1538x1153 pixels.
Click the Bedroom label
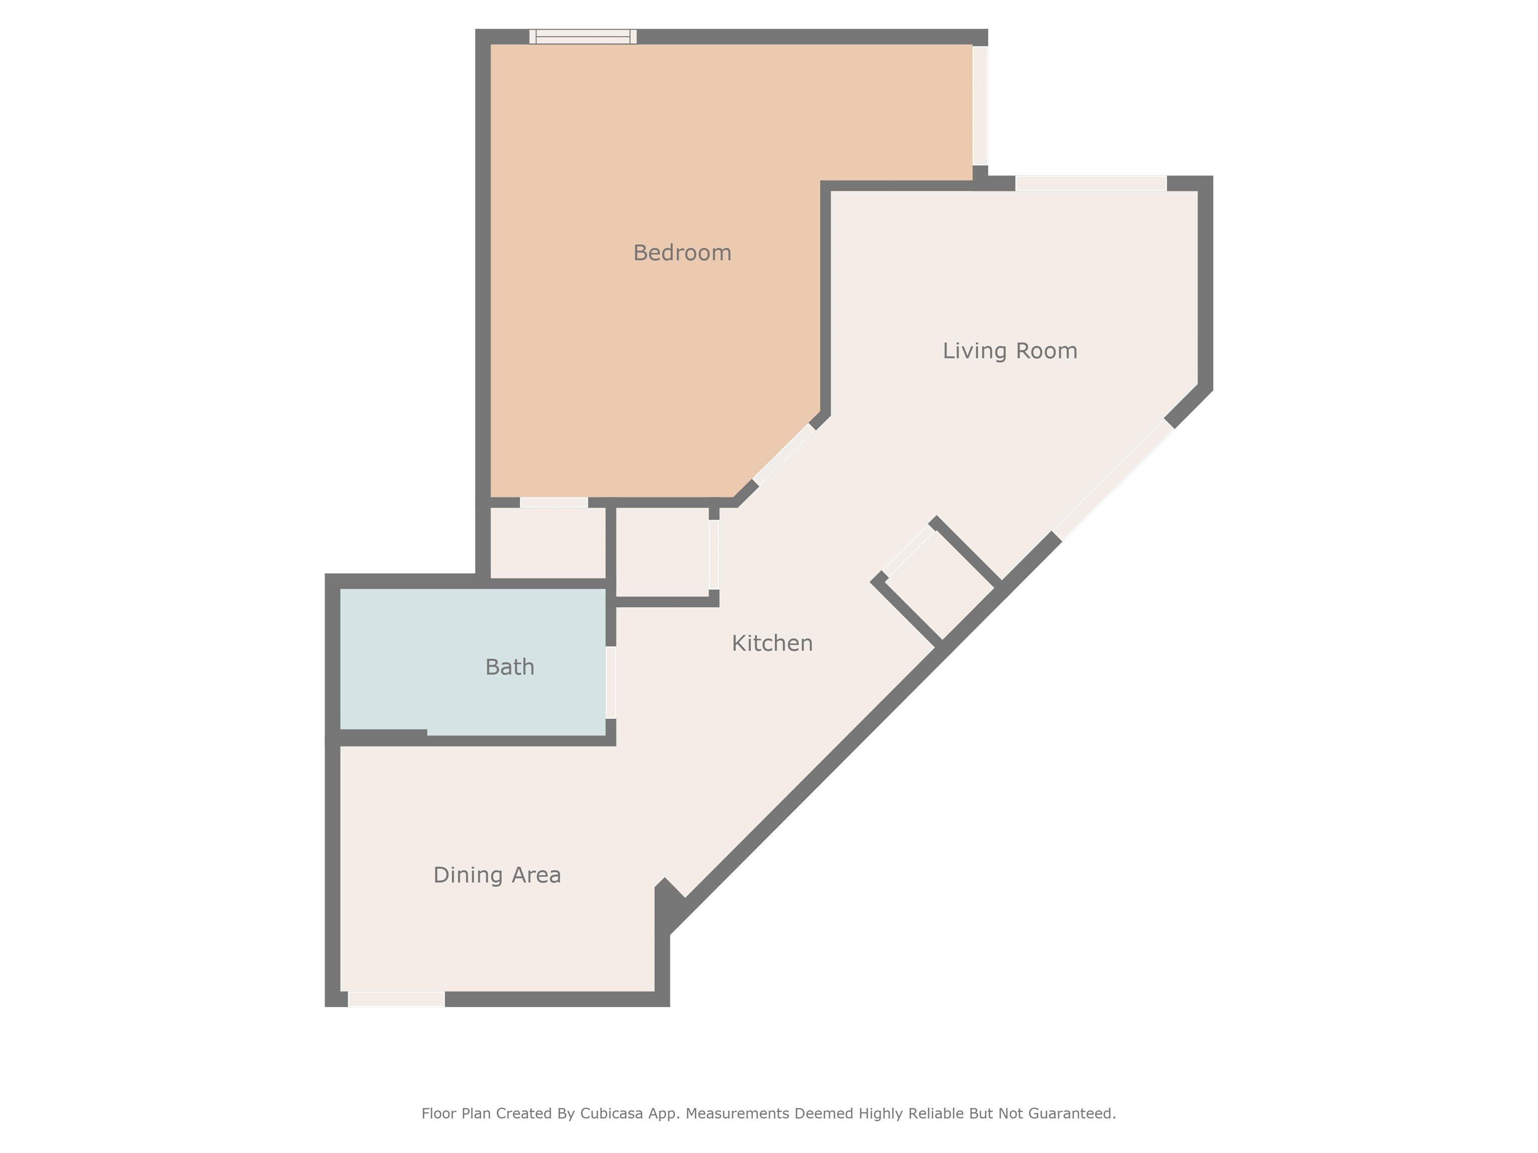[x=682, y=253]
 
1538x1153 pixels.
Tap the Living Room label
[x=1010, y=351]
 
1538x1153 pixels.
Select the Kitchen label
[x=772, y=644]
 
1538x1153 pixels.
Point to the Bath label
[x=510, y=667]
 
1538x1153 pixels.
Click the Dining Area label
[x=497, y=875]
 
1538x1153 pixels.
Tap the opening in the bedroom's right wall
[x=980, y=106]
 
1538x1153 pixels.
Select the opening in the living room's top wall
[x=1091, y=184]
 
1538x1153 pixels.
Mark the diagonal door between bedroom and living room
[x=785, y=454]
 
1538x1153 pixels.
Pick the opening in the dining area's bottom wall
[x=397, y=999]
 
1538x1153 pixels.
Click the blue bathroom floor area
[x=473, y=662]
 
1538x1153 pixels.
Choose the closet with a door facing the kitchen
[x=662, y=552]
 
